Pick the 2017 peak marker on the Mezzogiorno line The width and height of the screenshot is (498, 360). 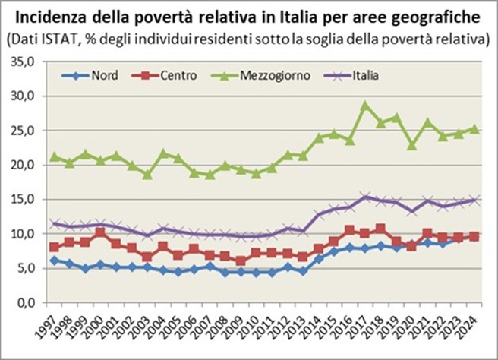(365, 106)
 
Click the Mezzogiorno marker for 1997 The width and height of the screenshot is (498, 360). (53, 156)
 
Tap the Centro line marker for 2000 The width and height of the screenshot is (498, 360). (100, 232)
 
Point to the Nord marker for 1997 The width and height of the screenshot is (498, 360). (53, 261)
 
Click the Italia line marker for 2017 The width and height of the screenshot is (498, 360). (365, 197)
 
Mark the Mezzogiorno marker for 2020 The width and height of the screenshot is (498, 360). (412, 144)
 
